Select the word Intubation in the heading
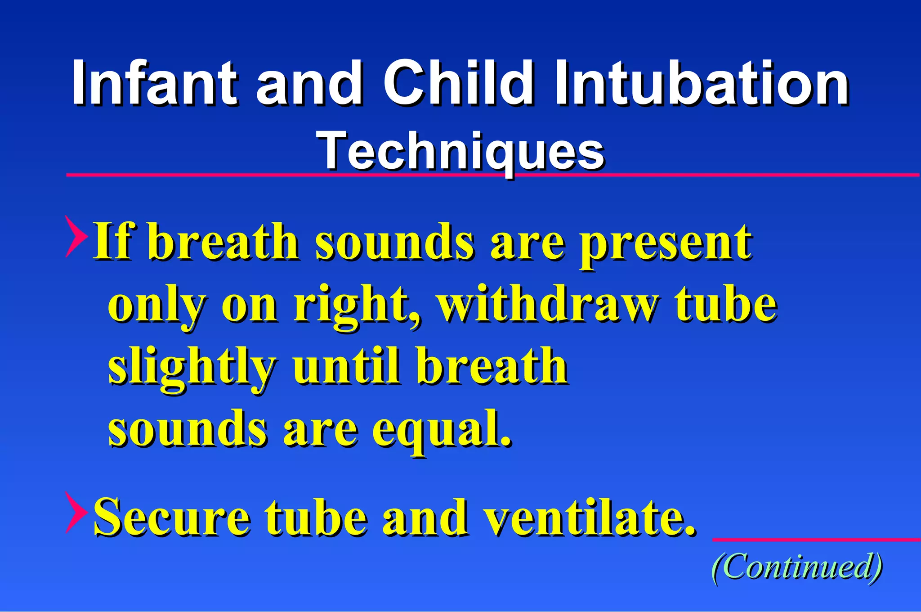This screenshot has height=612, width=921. pos(702,83)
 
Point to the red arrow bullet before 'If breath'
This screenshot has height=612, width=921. pos(76,236)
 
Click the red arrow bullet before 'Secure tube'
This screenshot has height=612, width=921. pos(76,512)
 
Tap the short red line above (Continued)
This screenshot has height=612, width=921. pos(816,539)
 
